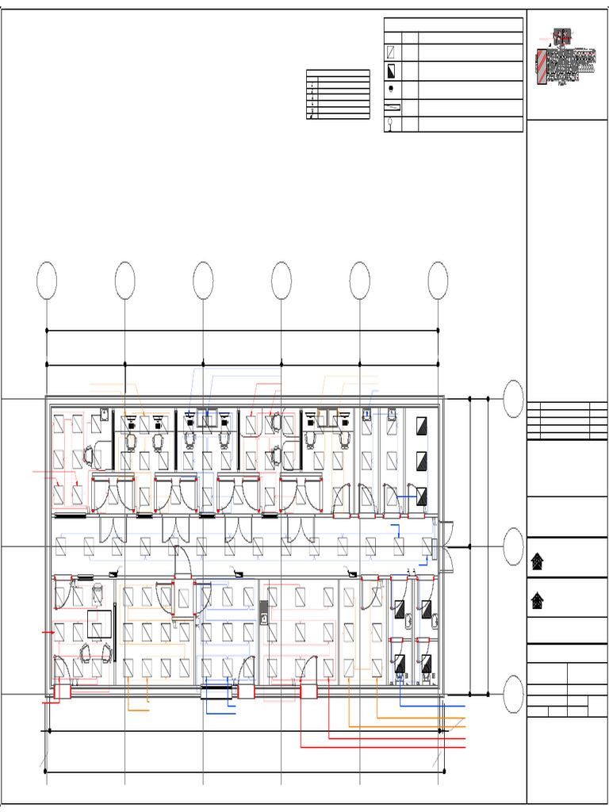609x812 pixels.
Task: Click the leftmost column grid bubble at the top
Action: pos(47,281)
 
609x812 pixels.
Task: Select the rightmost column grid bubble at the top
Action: pos(438,281)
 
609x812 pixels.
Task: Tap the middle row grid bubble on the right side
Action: pos(514,546)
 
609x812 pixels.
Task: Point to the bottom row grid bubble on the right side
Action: pos(514,695)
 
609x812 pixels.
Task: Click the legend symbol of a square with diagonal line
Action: pos(392,53)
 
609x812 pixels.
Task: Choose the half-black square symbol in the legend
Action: pos(392,71)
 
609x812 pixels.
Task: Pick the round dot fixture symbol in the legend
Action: pos(392,89)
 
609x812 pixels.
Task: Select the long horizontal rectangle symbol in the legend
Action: pos(392,107)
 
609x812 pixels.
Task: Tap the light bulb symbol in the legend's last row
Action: pos(392,124)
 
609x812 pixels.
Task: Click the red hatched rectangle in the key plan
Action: pos(541,67)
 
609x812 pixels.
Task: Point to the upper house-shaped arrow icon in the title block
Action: pos(538,562)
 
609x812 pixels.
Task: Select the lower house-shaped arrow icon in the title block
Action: pos(538,601)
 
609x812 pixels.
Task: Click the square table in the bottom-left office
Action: pos(99,624)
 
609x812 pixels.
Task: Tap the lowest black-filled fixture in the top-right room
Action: pos(422,496)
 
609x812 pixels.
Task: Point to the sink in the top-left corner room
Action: pos(104,413)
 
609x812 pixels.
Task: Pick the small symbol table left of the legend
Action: pos(338,94)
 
